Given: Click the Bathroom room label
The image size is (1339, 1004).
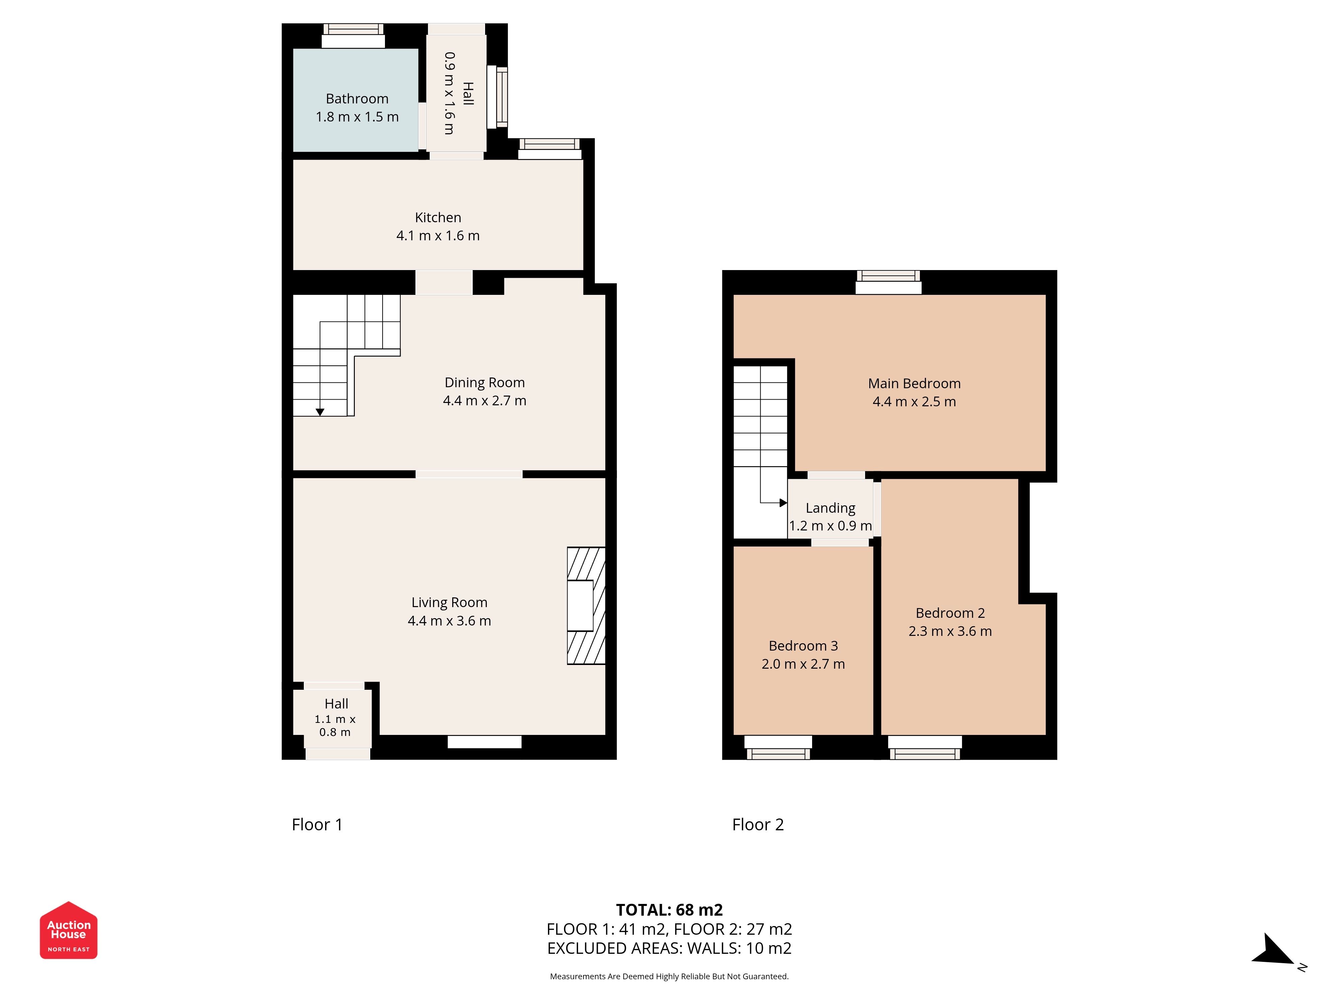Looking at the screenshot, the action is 357,99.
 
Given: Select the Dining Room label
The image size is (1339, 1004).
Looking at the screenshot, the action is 484,383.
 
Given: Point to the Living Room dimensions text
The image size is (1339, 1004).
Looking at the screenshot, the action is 449,621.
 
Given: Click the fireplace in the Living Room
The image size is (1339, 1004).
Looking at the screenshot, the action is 586,606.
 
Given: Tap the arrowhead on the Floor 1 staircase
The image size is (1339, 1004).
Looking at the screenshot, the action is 320,412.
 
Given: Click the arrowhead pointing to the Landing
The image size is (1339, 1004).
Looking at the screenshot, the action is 783,503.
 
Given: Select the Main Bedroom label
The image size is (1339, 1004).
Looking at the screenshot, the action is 914,384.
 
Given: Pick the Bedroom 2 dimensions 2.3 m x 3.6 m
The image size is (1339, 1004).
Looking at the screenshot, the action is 950,631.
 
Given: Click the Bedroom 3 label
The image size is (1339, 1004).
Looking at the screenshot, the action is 803,646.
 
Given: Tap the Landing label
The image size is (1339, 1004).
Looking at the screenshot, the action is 831,508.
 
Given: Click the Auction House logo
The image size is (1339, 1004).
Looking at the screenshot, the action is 68,930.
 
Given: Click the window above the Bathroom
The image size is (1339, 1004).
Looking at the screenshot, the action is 353,36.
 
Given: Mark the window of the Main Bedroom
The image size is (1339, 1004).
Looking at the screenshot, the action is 888,282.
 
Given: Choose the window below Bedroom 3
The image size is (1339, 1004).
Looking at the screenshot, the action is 778,747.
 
